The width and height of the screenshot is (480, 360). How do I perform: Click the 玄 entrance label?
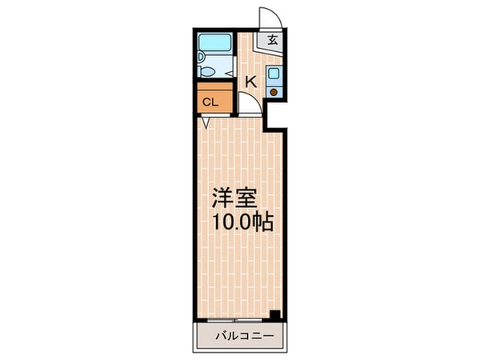click(x=273, y=40)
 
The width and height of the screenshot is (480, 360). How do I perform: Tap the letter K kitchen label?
click(x=250, y=81)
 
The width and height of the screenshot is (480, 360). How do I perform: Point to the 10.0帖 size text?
click(x=243, y=223)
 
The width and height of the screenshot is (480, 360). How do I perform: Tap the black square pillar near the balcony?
click(x=275, y=314)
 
